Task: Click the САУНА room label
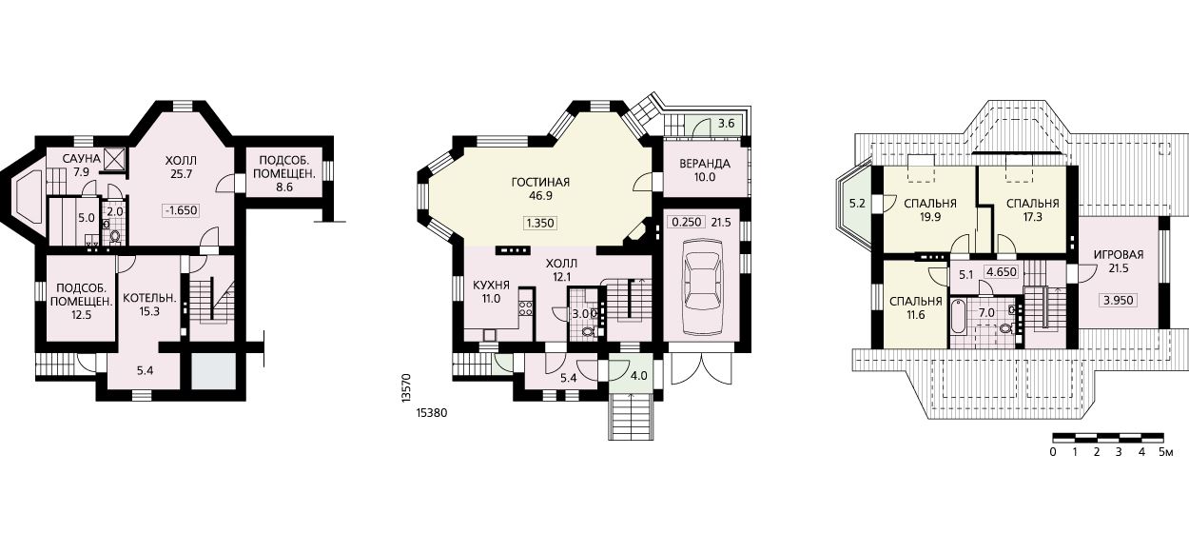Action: pyautogui.click(x=81, y=159)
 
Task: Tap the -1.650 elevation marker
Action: pyautogui.click(x=181, y=210)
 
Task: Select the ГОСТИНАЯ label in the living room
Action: pyautogui.click(x=540, y=183)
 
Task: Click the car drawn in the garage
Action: pyautogui.click(x=702, y=286)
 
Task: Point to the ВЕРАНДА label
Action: pyautogui.click(x=705, y=164)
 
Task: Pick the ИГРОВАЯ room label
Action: pyautogui.click(x=1118, y=255)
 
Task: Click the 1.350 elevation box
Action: pyautogui.click(x=540, y=223)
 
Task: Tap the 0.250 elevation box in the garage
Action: pyautogui.click(x=687, y=222)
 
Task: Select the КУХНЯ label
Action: pyautogui.click(x=491, y=286)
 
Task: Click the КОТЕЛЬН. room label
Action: pyautogui.click(x=149, y=298)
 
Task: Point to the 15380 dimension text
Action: pyautogui.click(x=432, y=413)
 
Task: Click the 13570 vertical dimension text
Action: pyautogui.click(x=406, y=389)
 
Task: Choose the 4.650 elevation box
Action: pyautogui.click(x=1001, y=272)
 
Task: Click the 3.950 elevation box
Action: pyautogui.click(x=1119, y=301)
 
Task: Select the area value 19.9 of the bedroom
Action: pyautogui.click(x=930, y=216)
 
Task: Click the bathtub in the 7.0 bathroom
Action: pyautogui.click(x=958, y=316)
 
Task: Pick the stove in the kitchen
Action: pyautogui.click(x=526, y=308)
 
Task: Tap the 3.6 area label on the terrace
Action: pyautogui.click(x=726, y=124)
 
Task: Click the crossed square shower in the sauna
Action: pyautogui.click(x=115, y=159)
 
